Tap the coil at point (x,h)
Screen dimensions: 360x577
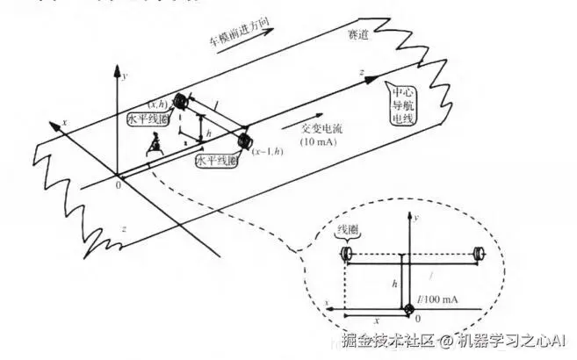click(x=183, y=99)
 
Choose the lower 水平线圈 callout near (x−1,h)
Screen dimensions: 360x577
click(x=212, y=162)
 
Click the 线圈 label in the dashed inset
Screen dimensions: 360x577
click(x=350, y=231)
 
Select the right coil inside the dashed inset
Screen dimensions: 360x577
click(x=480, y=255)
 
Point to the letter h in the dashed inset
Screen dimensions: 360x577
click(x=394, y=285)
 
